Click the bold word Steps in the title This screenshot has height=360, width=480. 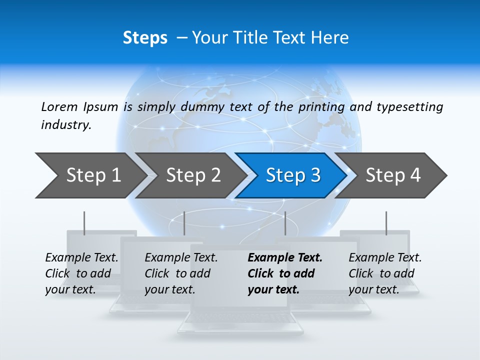(x=145, y=38)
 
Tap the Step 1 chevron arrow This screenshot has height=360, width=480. (x=93, y=175)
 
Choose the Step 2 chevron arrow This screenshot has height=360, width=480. (x=193, y=175)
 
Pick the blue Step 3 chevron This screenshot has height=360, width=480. (x=293, y=175)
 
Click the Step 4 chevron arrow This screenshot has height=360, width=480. (x=393, y=175)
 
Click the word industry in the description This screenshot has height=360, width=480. (x=65, y=125)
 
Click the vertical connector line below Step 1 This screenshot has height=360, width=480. (x=84, y=223)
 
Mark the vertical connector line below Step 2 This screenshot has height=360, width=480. (x=184, y=223)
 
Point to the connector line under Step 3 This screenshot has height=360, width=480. (x=285, y=223)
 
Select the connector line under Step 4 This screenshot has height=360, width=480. (x=386, y=223)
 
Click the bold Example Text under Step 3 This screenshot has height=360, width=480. (x=285, y=258)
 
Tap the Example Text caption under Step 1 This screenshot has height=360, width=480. (x=81, y=258)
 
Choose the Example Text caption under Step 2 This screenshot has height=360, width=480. (x=181, y=258)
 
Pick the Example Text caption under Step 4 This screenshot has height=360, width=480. (x=385, y=258)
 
